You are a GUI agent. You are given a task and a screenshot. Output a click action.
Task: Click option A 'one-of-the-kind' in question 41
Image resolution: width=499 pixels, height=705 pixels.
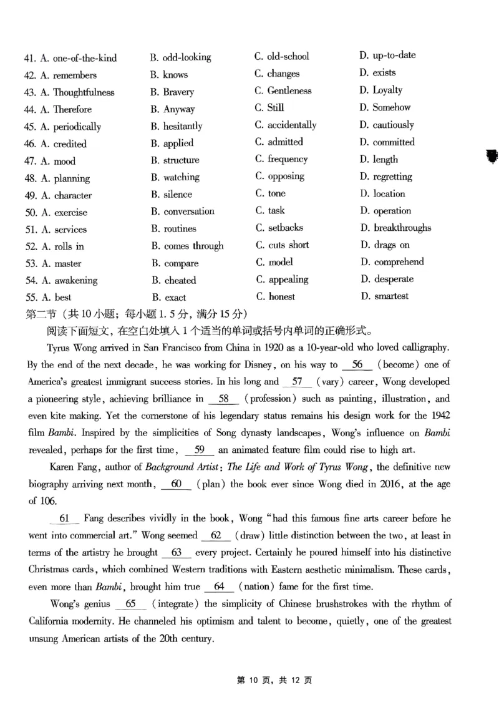78,59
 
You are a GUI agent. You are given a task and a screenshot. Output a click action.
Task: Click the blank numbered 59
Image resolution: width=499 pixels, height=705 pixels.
200,449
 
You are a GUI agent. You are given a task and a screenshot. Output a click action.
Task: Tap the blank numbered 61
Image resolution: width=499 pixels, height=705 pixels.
64,518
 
